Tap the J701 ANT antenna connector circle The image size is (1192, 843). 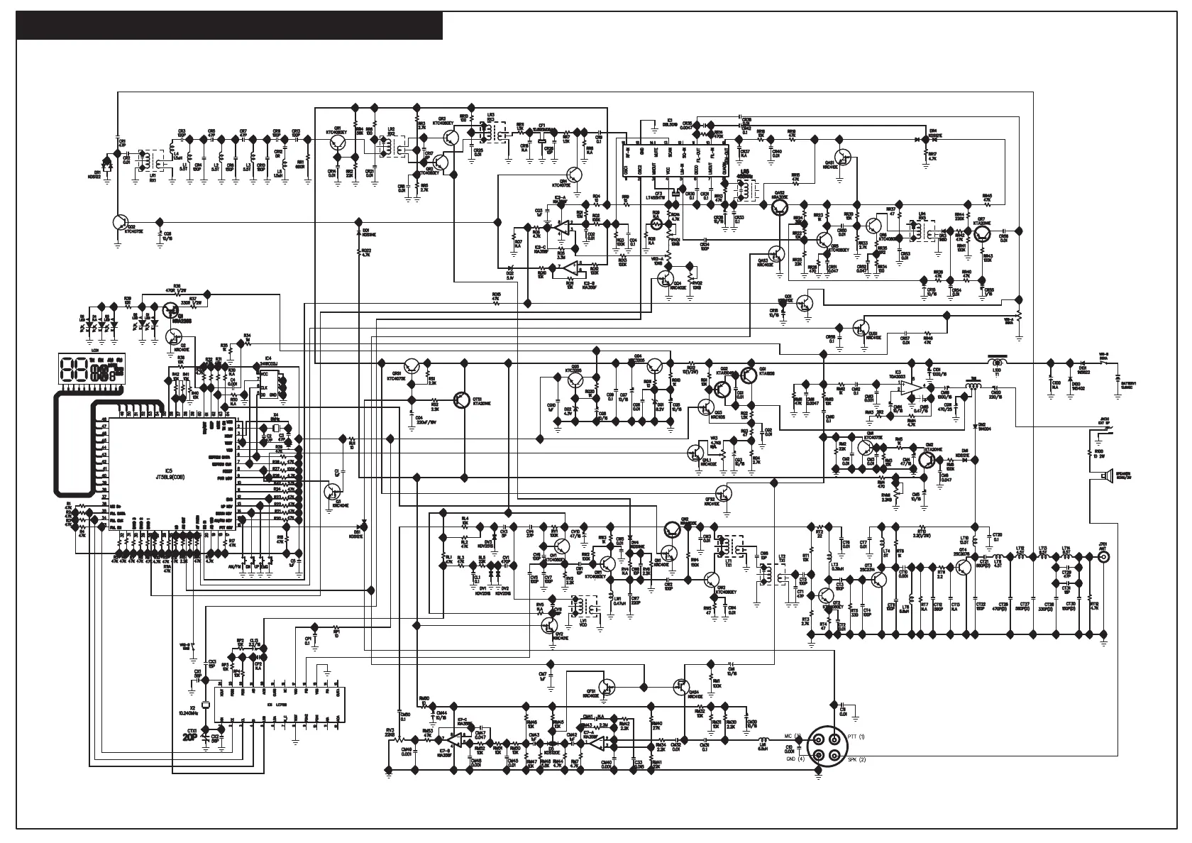click(1104, 558)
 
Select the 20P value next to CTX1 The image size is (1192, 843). click(189, 737)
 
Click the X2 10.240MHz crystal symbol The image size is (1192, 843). click(205, 705)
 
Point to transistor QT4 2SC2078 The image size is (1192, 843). click(963, 567)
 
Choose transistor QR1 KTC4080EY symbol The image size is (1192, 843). click(339, 143)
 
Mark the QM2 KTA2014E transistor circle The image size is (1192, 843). click(927, 460)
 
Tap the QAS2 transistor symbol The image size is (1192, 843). click(780, 207)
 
